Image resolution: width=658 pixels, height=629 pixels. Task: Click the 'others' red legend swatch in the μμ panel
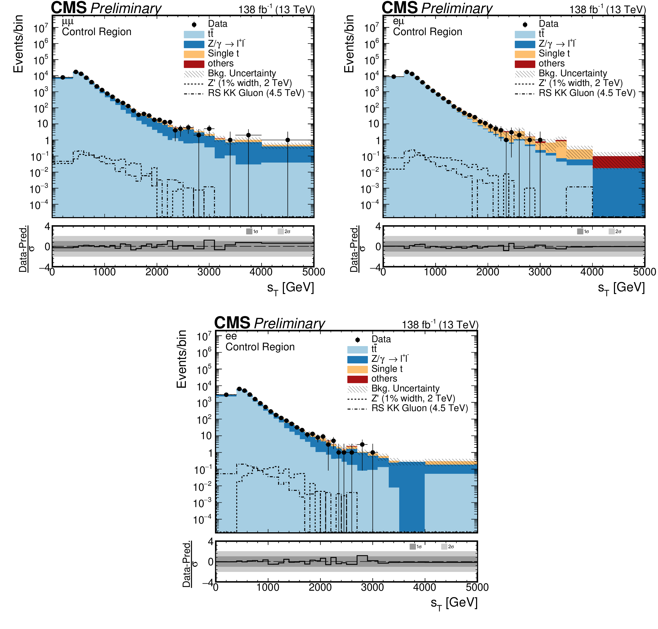[194, 64]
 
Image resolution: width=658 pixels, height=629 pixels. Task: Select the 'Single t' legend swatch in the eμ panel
[525, 54]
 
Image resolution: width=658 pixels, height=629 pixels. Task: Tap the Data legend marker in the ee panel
[357, 340]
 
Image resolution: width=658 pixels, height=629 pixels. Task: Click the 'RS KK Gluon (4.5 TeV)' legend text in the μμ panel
[256, 93]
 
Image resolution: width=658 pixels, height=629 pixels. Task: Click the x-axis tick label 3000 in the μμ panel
[209, 272]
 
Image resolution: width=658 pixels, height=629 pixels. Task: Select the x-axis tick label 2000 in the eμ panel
[487, 272]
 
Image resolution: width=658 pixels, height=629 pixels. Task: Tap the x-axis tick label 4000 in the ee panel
[425, 587]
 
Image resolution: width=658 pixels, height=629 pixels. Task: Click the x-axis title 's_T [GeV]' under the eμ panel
[621, 288]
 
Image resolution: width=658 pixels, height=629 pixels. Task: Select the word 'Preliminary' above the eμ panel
[457, 8]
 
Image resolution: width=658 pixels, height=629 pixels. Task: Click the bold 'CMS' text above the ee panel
[232, 323]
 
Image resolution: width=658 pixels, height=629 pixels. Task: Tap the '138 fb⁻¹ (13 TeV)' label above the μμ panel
[277, 9]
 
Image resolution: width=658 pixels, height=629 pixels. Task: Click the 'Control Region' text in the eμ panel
[427, 32]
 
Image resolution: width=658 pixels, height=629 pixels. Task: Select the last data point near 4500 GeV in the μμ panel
[287, 140]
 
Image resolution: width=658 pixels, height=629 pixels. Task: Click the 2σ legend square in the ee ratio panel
[444, 547]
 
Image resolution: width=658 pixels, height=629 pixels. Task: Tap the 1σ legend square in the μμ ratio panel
[249, 231]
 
